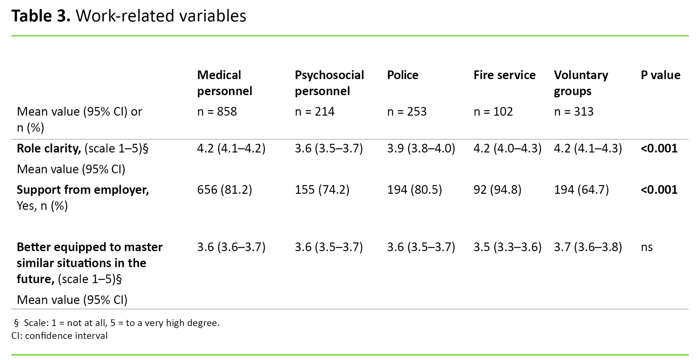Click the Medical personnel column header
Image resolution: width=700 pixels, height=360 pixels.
pos(224,83)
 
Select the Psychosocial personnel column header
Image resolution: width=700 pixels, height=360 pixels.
pos(329,83)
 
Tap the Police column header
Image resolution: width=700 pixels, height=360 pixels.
pos(402,75)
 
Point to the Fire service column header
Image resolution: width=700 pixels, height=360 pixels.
pos(504,75)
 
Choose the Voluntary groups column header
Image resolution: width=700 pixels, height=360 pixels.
pos(581,83)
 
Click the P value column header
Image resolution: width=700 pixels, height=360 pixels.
pos(660,75)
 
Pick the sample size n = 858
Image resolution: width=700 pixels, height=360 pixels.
pos(217,112)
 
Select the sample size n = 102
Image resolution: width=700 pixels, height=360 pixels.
pos(493,112)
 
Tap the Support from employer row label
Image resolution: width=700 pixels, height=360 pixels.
pos(83,190)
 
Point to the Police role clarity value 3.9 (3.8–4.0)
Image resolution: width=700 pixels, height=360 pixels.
pos(421,149)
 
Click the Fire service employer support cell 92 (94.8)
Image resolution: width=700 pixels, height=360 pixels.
pos(497,190)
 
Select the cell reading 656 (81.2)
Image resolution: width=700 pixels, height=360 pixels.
pos(224,190)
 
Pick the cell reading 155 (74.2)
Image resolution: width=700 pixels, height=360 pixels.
pos(322,190)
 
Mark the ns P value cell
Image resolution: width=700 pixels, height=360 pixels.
pos(647,247)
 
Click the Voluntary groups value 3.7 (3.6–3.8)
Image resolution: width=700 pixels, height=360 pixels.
pos(588,247)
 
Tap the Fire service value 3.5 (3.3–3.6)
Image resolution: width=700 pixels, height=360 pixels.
pos(507,247)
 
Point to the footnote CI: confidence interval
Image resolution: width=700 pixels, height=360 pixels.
pos(59,336)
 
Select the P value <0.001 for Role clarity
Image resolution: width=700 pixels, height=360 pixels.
pos(659,149)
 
